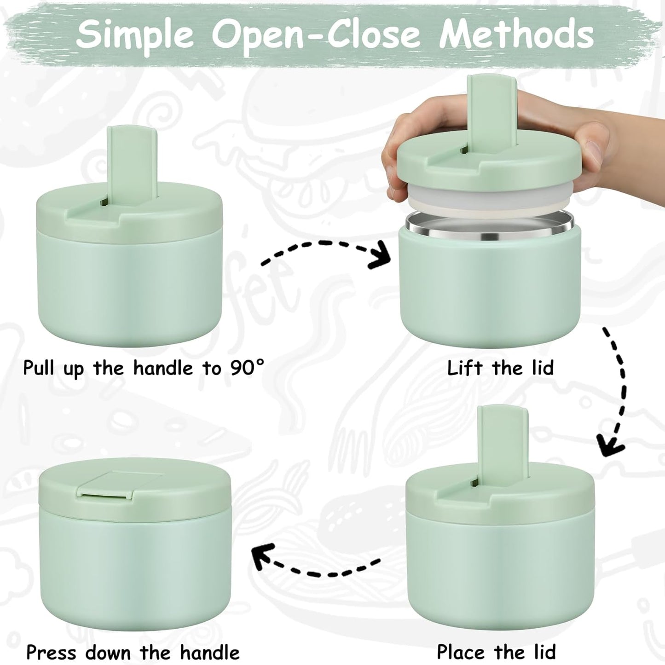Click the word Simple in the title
[x=134, y=35]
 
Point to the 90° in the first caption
[x=248, y=368]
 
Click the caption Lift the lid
[x=500, y=368]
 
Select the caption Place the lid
[x=496, y=652]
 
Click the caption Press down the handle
[x=133, y=652]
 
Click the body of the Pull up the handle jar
[x=130, y=285]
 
